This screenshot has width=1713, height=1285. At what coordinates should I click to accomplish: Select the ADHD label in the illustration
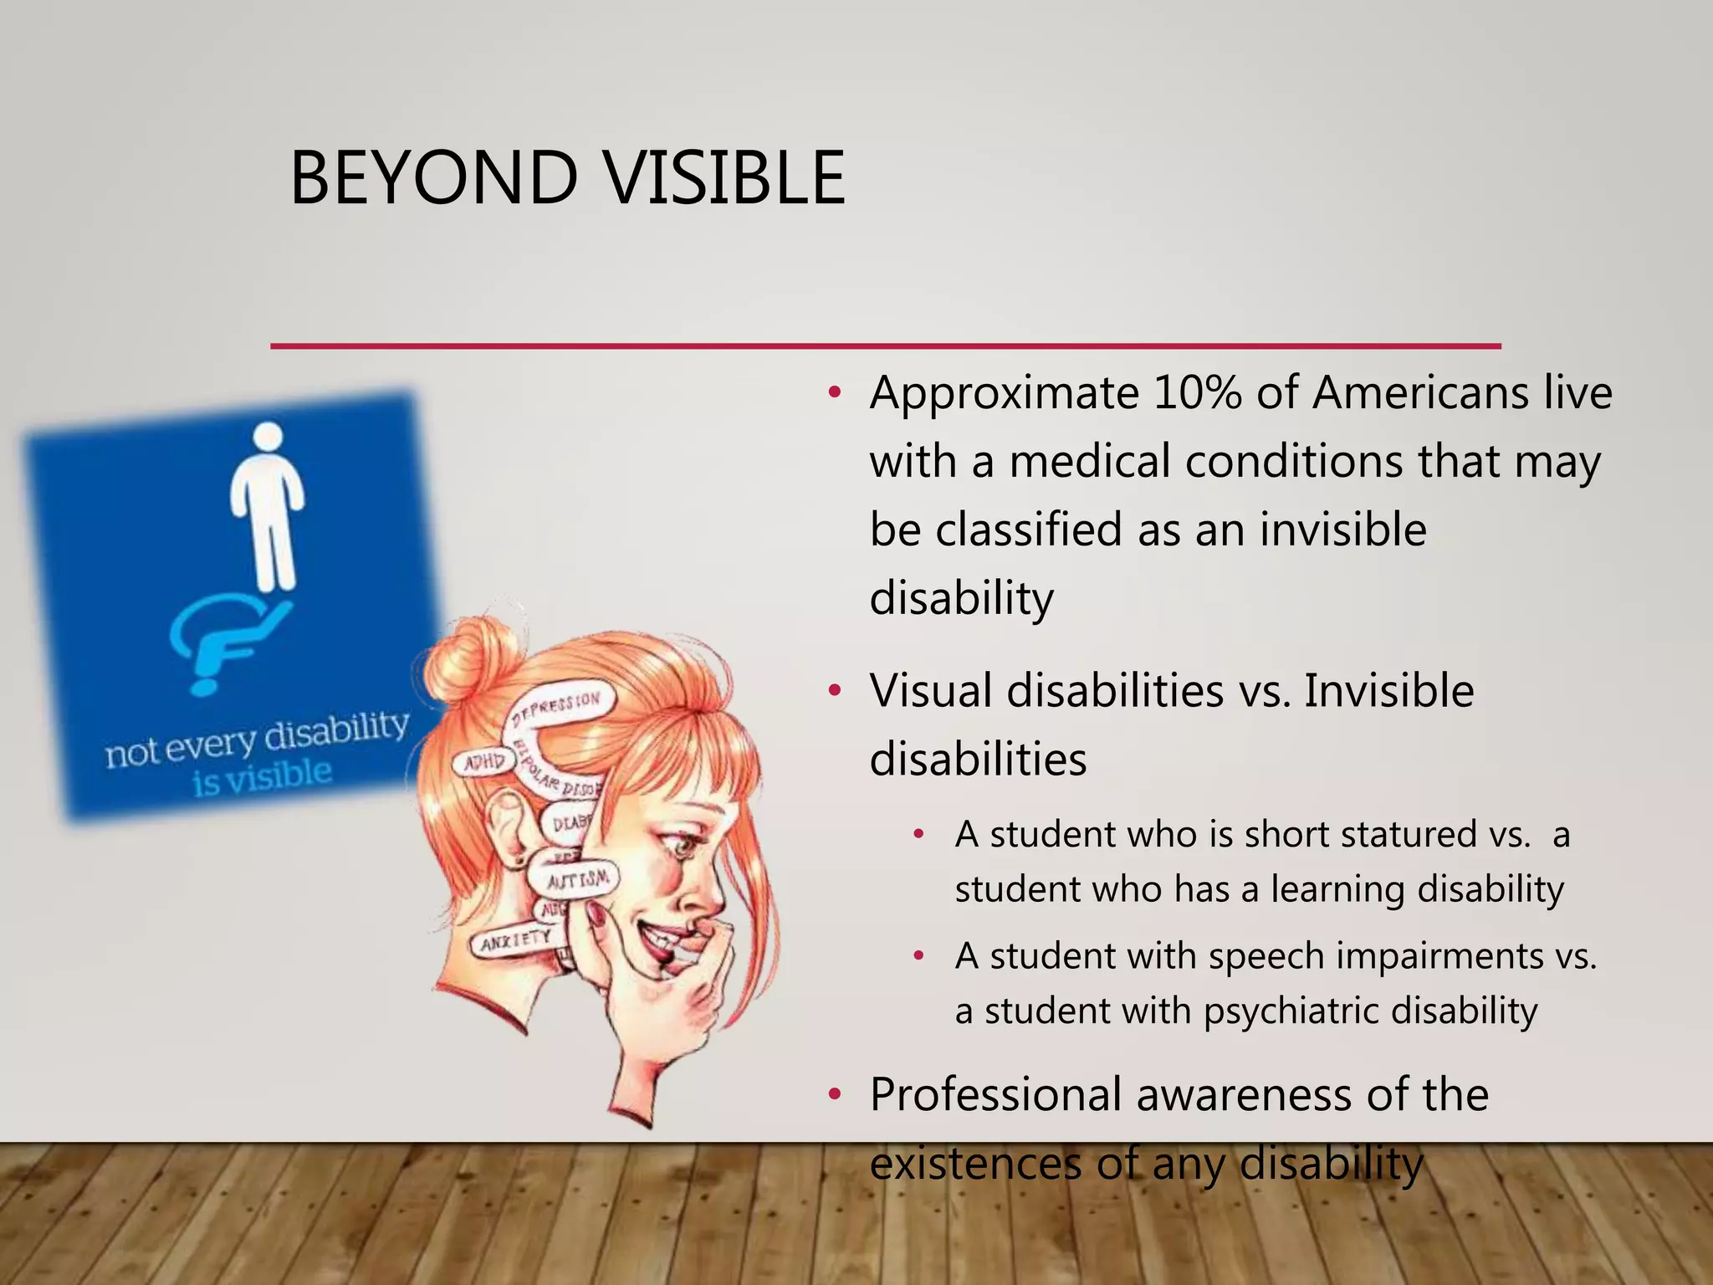pyautogui.click(x=484, y=762)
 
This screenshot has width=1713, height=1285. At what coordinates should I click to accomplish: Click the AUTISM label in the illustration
pyautogui.click(x=578, y=879)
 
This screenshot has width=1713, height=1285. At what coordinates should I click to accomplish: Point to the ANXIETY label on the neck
pyautogui.click(x=515, y=940)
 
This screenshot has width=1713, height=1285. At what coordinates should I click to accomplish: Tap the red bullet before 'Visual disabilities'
pyautogui.click(x=833, y=691)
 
